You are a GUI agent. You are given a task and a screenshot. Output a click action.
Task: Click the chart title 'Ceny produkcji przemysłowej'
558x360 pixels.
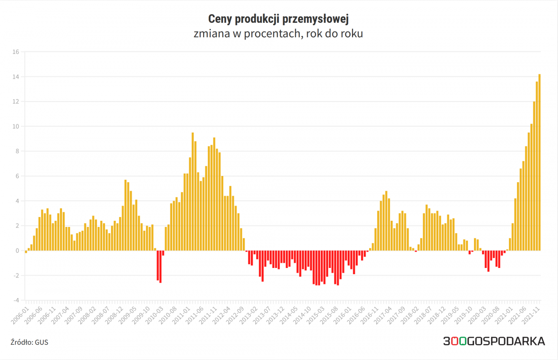coord(279,20)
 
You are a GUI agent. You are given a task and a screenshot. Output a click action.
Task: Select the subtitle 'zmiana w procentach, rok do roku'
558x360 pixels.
coord(279,34)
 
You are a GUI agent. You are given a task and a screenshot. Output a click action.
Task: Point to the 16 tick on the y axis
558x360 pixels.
coord(15,52)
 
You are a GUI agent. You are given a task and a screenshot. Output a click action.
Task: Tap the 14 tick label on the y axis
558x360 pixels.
coord(15,77)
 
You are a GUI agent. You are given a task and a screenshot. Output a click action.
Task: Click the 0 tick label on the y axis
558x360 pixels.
coord(17,251)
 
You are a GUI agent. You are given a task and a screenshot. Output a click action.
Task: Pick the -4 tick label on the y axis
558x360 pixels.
coord(15,300)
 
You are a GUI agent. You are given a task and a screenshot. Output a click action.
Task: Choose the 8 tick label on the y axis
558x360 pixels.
coord(17,151)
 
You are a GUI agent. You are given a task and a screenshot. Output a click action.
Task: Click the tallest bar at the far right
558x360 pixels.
coord(539,162)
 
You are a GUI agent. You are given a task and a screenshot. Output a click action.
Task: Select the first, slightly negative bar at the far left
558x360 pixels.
coord(26,252)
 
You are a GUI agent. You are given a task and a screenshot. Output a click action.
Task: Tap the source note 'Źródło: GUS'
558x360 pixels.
coord(29,342)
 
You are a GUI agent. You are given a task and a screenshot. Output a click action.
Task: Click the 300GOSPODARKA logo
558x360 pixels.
coord(494,341)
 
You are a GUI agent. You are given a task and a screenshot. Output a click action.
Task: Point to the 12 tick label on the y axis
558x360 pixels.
coord(15,102)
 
